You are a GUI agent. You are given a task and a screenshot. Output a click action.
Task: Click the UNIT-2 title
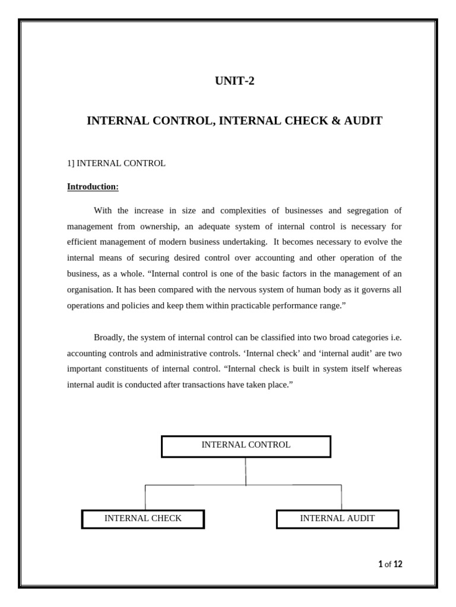pos(235,81)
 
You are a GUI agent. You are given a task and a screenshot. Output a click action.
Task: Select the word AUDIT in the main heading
pos(362,121)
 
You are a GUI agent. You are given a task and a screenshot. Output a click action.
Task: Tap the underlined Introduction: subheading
pos(93,187)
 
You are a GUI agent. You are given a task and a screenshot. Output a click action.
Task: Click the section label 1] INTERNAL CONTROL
pos(116,163)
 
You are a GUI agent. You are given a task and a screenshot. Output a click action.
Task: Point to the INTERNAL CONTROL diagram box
pos(246,446)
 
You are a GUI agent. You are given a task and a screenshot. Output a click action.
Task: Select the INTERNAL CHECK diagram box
pos(143,519)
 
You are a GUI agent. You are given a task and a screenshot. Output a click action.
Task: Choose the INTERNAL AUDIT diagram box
pos(337,519)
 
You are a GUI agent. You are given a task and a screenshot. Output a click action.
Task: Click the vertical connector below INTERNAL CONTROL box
pos(246,471)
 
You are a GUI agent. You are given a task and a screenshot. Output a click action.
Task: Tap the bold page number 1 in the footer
pos(380,564)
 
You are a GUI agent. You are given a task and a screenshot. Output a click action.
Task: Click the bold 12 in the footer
pos(398,564)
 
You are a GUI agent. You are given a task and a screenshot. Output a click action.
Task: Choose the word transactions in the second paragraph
pos(201,384)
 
